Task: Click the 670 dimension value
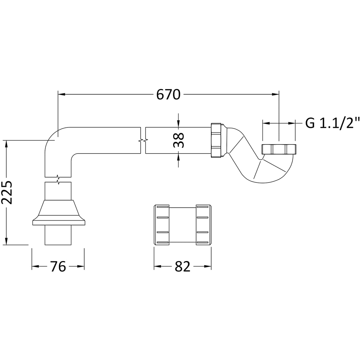click(x=168, y=94)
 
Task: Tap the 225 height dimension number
click(x=7, y=192)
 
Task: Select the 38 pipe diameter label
click(x=179, y=140)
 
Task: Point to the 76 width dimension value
click(x=58, y=266)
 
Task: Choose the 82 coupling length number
click(x=183, y=266)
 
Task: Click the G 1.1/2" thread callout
click(x=332, y=123)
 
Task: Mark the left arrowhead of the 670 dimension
click(x=62, y=94)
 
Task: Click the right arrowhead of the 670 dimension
click(x=275, y=94)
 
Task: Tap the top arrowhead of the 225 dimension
click(x=7, y=144)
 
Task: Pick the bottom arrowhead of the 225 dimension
click(x=7, y=241)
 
